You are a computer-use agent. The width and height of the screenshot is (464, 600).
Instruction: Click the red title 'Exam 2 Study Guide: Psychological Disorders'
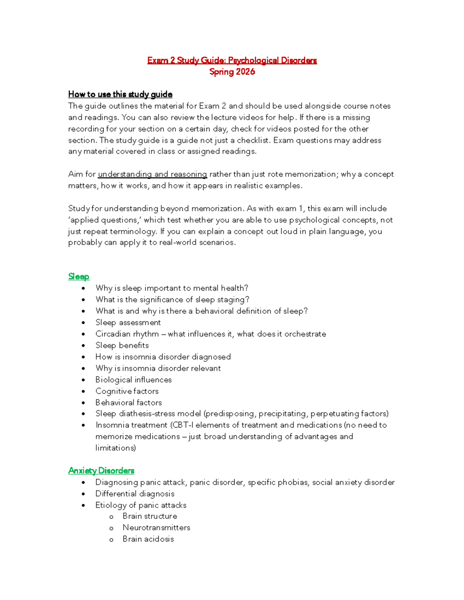(x=232, y=60)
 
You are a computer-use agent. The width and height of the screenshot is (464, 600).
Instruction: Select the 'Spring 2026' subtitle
(x=232, y=72)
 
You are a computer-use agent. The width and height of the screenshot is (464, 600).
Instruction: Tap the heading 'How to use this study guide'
(x=120, y=94)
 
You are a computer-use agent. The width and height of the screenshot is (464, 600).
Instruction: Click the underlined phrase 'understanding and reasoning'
(x=152, y=174)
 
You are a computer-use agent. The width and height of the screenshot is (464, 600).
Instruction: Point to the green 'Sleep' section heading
(x=79, y=277)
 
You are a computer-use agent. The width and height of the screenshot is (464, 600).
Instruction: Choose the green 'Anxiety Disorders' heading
(x=101, y=471)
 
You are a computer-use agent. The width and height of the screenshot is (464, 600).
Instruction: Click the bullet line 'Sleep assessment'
(x=128, y=323)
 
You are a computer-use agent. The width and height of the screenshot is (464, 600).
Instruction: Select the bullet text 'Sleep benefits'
(x=122, y=345)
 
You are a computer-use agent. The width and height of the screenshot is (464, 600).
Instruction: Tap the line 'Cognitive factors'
(x=127, y=391)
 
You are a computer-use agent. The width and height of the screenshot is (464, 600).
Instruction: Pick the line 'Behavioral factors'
(x=128, y=403)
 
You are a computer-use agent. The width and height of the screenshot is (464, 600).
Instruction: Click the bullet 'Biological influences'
(x=133, y=380)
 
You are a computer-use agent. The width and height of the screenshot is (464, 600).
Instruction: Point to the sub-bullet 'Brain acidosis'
(x=148, y=539)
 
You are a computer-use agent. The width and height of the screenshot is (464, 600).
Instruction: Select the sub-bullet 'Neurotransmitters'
(x=156, y=528)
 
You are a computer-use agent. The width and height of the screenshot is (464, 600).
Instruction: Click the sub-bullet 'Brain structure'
(x=150, y=516)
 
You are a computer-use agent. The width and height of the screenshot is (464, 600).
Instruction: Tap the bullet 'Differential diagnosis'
(x=135, y=494)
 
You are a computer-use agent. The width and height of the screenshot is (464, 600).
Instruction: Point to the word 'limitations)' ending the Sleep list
(x=116, y=448)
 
